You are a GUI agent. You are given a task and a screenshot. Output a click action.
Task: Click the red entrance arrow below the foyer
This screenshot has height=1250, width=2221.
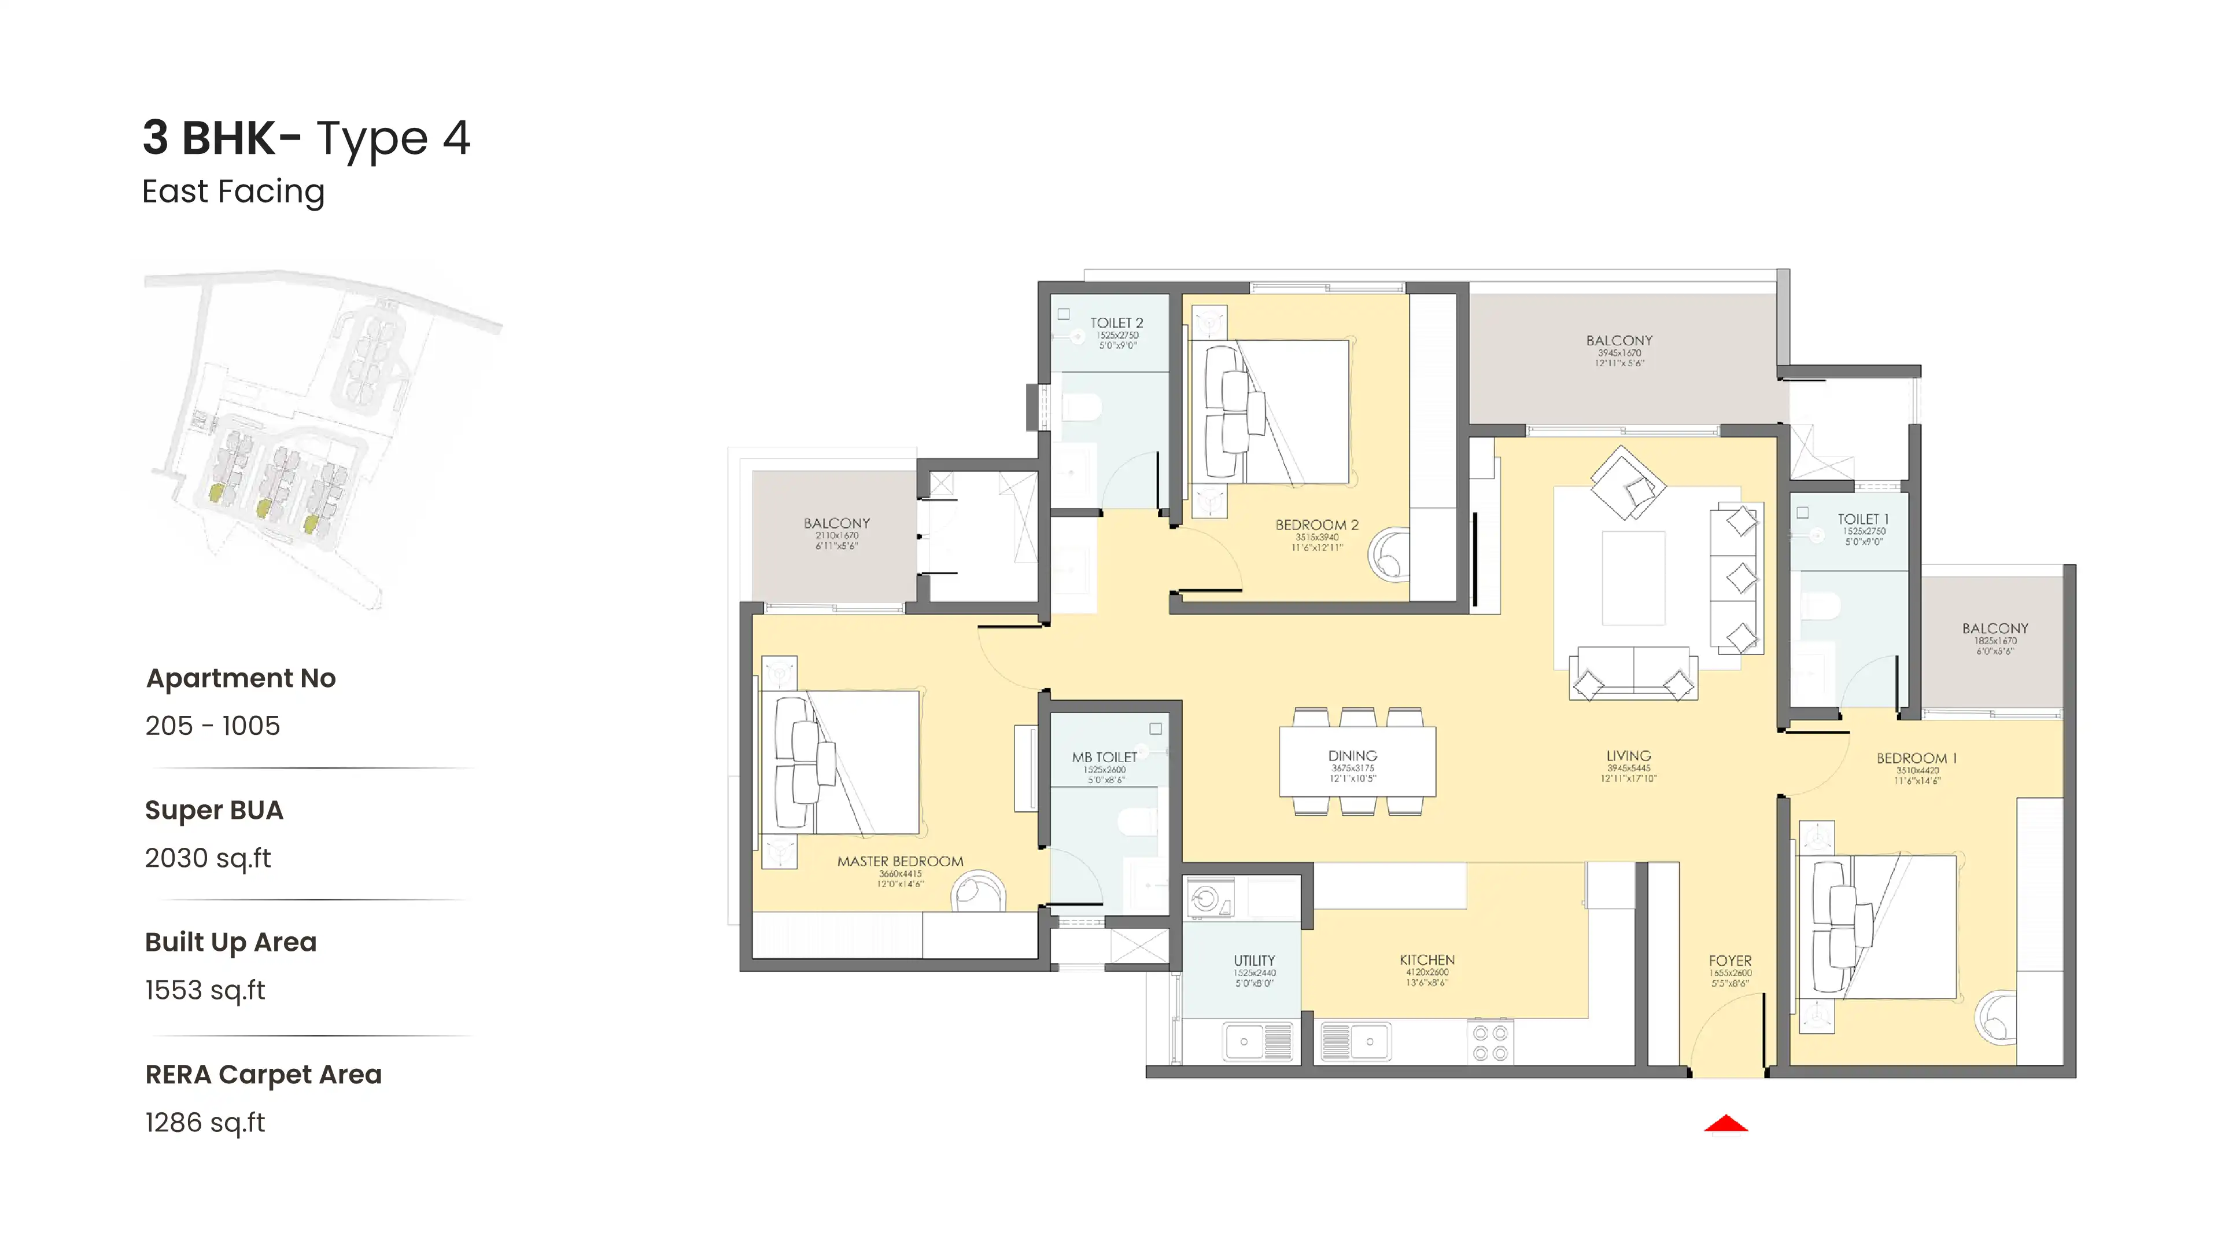point(1725,1124)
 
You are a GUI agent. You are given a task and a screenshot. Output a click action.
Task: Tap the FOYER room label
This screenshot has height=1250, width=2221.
point(1729,960)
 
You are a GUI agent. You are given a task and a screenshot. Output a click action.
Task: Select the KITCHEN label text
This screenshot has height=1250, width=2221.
point(1427,959)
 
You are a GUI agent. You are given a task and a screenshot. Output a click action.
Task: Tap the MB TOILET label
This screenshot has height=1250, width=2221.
point(1105,756)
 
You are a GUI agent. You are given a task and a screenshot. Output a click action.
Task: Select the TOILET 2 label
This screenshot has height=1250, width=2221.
point(1116,323)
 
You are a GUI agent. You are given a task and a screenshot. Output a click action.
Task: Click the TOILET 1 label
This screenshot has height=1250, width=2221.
point(1862,519)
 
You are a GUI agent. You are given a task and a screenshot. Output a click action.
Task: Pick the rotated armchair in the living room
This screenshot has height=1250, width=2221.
point(1627,483)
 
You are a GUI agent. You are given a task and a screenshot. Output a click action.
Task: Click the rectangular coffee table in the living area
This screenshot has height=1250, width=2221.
point(1633,577)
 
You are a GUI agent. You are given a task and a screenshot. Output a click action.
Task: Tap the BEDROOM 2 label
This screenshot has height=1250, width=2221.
point(1316,524)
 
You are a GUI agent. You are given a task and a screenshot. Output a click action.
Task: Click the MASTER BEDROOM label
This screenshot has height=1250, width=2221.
point(900,861)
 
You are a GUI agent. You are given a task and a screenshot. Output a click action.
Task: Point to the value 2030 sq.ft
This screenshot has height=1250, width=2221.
point(208,858)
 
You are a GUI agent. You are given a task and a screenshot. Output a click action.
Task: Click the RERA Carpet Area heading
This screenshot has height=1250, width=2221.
point(263,1074)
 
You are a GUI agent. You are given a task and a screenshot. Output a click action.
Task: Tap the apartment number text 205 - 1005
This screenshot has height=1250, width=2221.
point(212,726)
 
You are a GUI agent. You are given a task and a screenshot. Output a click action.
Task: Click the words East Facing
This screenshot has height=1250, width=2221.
point(233,192)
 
